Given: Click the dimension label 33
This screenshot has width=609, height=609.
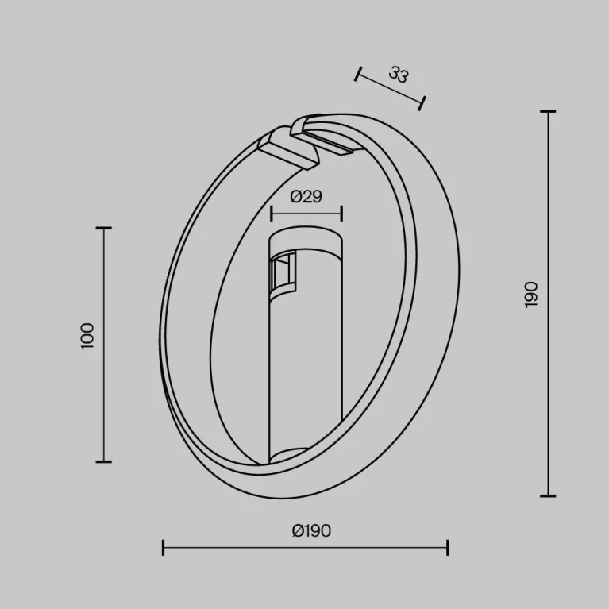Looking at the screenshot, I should coord(399,75).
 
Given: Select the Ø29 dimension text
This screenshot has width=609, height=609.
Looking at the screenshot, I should coord(306,197).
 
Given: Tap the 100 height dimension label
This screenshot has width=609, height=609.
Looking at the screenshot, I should coord(87,336).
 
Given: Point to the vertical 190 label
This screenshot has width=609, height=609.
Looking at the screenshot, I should coord(531,294).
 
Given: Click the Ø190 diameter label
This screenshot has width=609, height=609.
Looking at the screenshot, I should coord(311,531).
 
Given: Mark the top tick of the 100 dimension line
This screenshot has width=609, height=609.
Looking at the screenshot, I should coord(103,228).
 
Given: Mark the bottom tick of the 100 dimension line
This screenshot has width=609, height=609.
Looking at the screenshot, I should coord(103,461).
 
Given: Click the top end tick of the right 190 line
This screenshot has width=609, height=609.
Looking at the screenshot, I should coord(547,112).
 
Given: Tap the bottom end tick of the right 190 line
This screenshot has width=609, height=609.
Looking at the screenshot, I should coord(547,495).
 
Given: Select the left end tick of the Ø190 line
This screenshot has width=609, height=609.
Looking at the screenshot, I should coord(164,547).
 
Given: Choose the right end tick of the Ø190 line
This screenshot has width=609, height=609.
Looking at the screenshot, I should coord(448,547).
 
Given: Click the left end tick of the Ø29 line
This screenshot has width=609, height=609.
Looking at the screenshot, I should coord(271,213).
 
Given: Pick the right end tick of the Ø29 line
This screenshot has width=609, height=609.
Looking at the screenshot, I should coord(341,213).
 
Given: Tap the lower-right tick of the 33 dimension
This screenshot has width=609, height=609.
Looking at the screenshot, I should coord(422,102).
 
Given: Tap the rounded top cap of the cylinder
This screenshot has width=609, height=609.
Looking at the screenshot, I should coord(306,238).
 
